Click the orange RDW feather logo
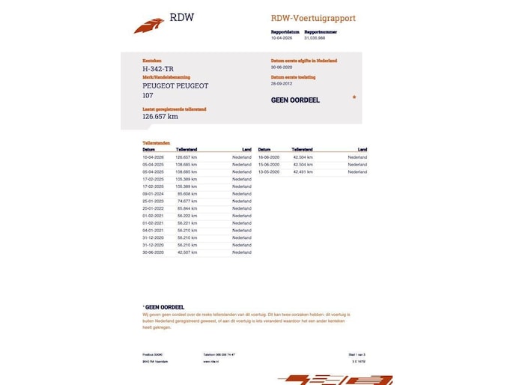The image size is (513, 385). (x=148, y=26)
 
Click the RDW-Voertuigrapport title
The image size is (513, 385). (x=312, y=18)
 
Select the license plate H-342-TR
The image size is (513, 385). (x=160, y=68)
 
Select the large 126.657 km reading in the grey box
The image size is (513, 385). (x=160, y=116)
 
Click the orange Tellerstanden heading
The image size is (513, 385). (x=156, y=142)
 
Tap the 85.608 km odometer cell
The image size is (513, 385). (x=187, y=194)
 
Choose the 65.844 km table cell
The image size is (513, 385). (x=187, y=208)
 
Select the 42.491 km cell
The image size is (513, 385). (x=303, y=172)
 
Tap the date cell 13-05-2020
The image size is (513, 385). (x=268, y=172)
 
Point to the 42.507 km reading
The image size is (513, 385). (x=187, y=252)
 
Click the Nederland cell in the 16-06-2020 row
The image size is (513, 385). (x=357, y=157)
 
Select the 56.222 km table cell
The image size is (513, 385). (x=187, y=216)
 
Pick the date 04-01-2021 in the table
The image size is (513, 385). (x=153, y=230)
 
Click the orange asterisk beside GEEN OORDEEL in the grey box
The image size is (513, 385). (x=354, y=97)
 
